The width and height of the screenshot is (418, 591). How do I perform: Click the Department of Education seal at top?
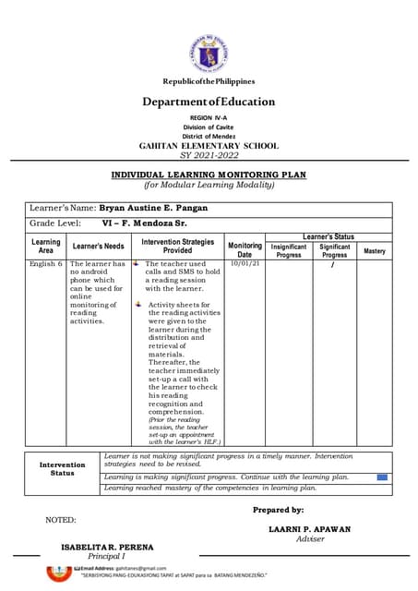point(208,54)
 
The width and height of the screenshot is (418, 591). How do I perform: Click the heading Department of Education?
point(209,103)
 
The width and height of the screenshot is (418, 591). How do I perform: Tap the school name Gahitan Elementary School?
point(209,146)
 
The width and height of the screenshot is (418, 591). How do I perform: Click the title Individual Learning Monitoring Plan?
point(209,175)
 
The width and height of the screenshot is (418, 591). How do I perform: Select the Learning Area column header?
point(46,247)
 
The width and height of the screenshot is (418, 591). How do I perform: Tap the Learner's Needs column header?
point(99,247)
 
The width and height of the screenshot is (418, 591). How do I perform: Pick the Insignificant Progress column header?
point(289,251)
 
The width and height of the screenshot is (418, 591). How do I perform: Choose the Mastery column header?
point(375,251)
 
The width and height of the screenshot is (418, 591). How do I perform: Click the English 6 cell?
point(45,264)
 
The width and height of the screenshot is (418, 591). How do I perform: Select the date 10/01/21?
point(245,264)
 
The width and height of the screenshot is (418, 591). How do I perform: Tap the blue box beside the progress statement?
point(382,477)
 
